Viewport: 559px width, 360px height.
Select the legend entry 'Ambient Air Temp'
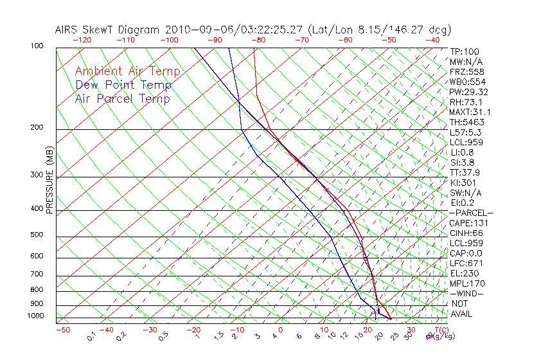tap(127, 71)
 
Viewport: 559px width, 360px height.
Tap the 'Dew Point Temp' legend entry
tap(123, 85)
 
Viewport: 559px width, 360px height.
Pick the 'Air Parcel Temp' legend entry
tap(122, 98)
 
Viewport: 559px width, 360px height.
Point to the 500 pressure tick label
tap(36, 235)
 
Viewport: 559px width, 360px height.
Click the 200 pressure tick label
tap(36, 128)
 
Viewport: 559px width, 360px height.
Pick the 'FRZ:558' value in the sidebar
tap(465, 71)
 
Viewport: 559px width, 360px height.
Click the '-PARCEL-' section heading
tap(471, 213)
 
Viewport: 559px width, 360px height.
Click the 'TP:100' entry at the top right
tap(464, 51)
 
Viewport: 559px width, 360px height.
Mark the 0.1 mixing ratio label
tap(91, 336)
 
